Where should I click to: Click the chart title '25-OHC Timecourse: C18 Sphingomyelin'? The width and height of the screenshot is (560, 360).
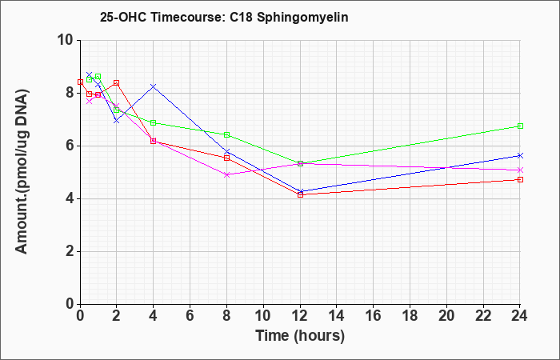[224, 17]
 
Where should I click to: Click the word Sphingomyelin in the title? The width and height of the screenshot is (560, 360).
[302, 18]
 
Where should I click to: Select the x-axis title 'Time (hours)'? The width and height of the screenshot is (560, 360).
[300, 336]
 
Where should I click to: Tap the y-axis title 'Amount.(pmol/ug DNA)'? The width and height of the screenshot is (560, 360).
[22, 172]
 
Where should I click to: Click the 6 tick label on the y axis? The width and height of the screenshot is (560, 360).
[70, 146]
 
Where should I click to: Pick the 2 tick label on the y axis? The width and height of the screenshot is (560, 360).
[70, 252]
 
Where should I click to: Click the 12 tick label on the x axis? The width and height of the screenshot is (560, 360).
[300, 316]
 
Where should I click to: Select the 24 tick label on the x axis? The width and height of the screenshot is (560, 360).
[520, 316]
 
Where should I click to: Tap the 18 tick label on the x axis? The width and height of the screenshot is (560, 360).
[410, 316]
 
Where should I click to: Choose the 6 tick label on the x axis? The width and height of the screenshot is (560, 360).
[190, 316]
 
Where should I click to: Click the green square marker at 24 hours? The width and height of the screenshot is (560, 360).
[520, 126]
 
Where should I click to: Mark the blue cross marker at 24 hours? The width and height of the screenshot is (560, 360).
[520, 155]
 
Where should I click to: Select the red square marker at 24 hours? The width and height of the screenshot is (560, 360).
[520, 180]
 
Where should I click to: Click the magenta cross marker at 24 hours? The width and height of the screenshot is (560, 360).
[520, 170]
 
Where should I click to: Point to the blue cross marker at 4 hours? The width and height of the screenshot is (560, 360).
[154, 86]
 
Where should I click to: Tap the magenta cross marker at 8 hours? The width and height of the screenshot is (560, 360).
[226, 174]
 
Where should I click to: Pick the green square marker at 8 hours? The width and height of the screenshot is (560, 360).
[226, 134]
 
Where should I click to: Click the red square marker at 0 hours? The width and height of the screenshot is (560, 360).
[80, 82]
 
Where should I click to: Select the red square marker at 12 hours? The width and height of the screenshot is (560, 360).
[300, 194]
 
